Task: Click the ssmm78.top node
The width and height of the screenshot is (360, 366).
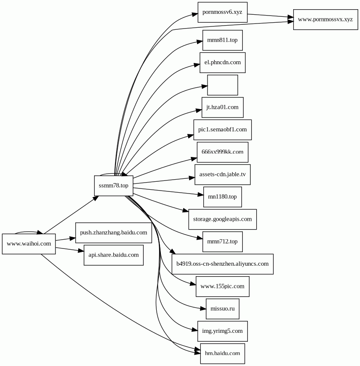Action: coord(113,186)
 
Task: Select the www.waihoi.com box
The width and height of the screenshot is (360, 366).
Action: coord(29,243)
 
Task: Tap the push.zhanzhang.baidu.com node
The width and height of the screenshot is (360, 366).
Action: coord(113,232)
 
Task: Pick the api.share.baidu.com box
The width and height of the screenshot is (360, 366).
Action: coord(113,255)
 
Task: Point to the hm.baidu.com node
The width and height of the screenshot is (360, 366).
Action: coord(222,353)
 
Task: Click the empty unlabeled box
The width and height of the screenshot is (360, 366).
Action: coord(223,85)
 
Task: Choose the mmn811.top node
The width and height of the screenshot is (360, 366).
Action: coord(222,40)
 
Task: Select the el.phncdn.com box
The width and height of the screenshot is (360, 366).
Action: coord(223,63)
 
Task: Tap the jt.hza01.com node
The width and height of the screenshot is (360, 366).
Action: coord(222,107)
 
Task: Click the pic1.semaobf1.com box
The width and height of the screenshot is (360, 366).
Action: coord(222,130)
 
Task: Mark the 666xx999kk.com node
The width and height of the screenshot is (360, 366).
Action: coord(222,152)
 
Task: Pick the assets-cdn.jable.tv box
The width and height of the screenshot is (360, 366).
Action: coord(222,174)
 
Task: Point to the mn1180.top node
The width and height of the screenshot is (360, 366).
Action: coord(222,197)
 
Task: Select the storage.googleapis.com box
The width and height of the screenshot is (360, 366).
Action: coord(222,219)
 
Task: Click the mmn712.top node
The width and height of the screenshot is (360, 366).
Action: coord(222,241)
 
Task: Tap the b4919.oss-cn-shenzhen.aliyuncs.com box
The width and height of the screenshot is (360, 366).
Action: coord(222,264)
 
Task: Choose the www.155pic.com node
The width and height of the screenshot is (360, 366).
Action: coord(222,286)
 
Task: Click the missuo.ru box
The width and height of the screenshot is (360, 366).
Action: coord(222,308)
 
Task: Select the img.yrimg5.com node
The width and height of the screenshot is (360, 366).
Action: coord(222,331)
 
